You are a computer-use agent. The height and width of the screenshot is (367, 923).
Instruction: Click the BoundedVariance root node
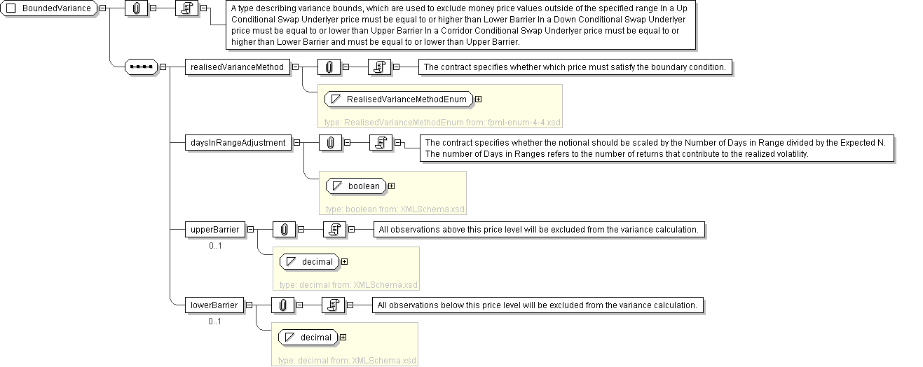[49, 8]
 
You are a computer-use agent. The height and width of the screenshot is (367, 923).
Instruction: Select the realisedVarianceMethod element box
[238, 67]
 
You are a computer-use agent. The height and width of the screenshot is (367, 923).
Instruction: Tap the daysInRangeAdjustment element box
[238, 142]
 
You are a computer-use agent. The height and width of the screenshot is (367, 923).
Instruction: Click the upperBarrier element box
[214, 230]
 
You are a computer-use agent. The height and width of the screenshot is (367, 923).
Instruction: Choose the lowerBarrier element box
[214, 305]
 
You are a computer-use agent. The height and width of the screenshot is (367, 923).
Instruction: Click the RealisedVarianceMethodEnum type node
[399, 99]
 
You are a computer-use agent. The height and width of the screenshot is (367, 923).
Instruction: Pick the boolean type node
[357, 186]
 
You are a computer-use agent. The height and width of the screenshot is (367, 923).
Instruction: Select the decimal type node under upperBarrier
[310, 261]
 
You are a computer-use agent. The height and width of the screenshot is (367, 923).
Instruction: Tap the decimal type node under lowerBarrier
[308, 338]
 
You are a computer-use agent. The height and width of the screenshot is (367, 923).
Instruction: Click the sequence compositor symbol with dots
[142, 67]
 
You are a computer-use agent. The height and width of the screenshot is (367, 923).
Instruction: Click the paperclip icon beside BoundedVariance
[137, 8]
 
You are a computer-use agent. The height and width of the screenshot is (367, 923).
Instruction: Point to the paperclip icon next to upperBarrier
[285, 230]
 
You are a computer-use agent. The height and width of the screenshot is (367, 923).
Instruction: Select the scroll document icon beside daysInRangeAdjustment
[381, 142]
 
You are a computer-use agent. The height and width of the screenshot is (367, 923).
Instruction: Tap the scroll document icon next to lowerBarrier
[333, 305]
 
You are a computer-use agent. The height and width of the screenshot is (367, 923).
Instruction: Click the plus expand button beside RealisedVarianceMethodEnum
[479, 99]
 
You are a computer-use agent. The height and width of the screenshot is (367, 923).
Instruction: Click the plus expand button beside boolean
[392, 186]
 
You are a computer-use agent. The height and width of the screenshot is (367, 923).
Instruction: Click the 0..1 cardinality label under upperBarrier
[215, 246]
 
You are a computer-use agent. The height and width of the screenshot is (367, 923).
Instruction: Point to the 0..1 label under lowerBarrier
[214, 321]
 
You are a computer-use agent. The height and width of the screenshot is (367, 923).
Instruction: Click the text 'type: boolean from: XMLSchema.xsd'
[395, 209]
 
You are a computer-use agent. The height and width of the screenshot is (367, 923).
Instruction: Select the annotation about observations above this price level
[539, 230]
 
